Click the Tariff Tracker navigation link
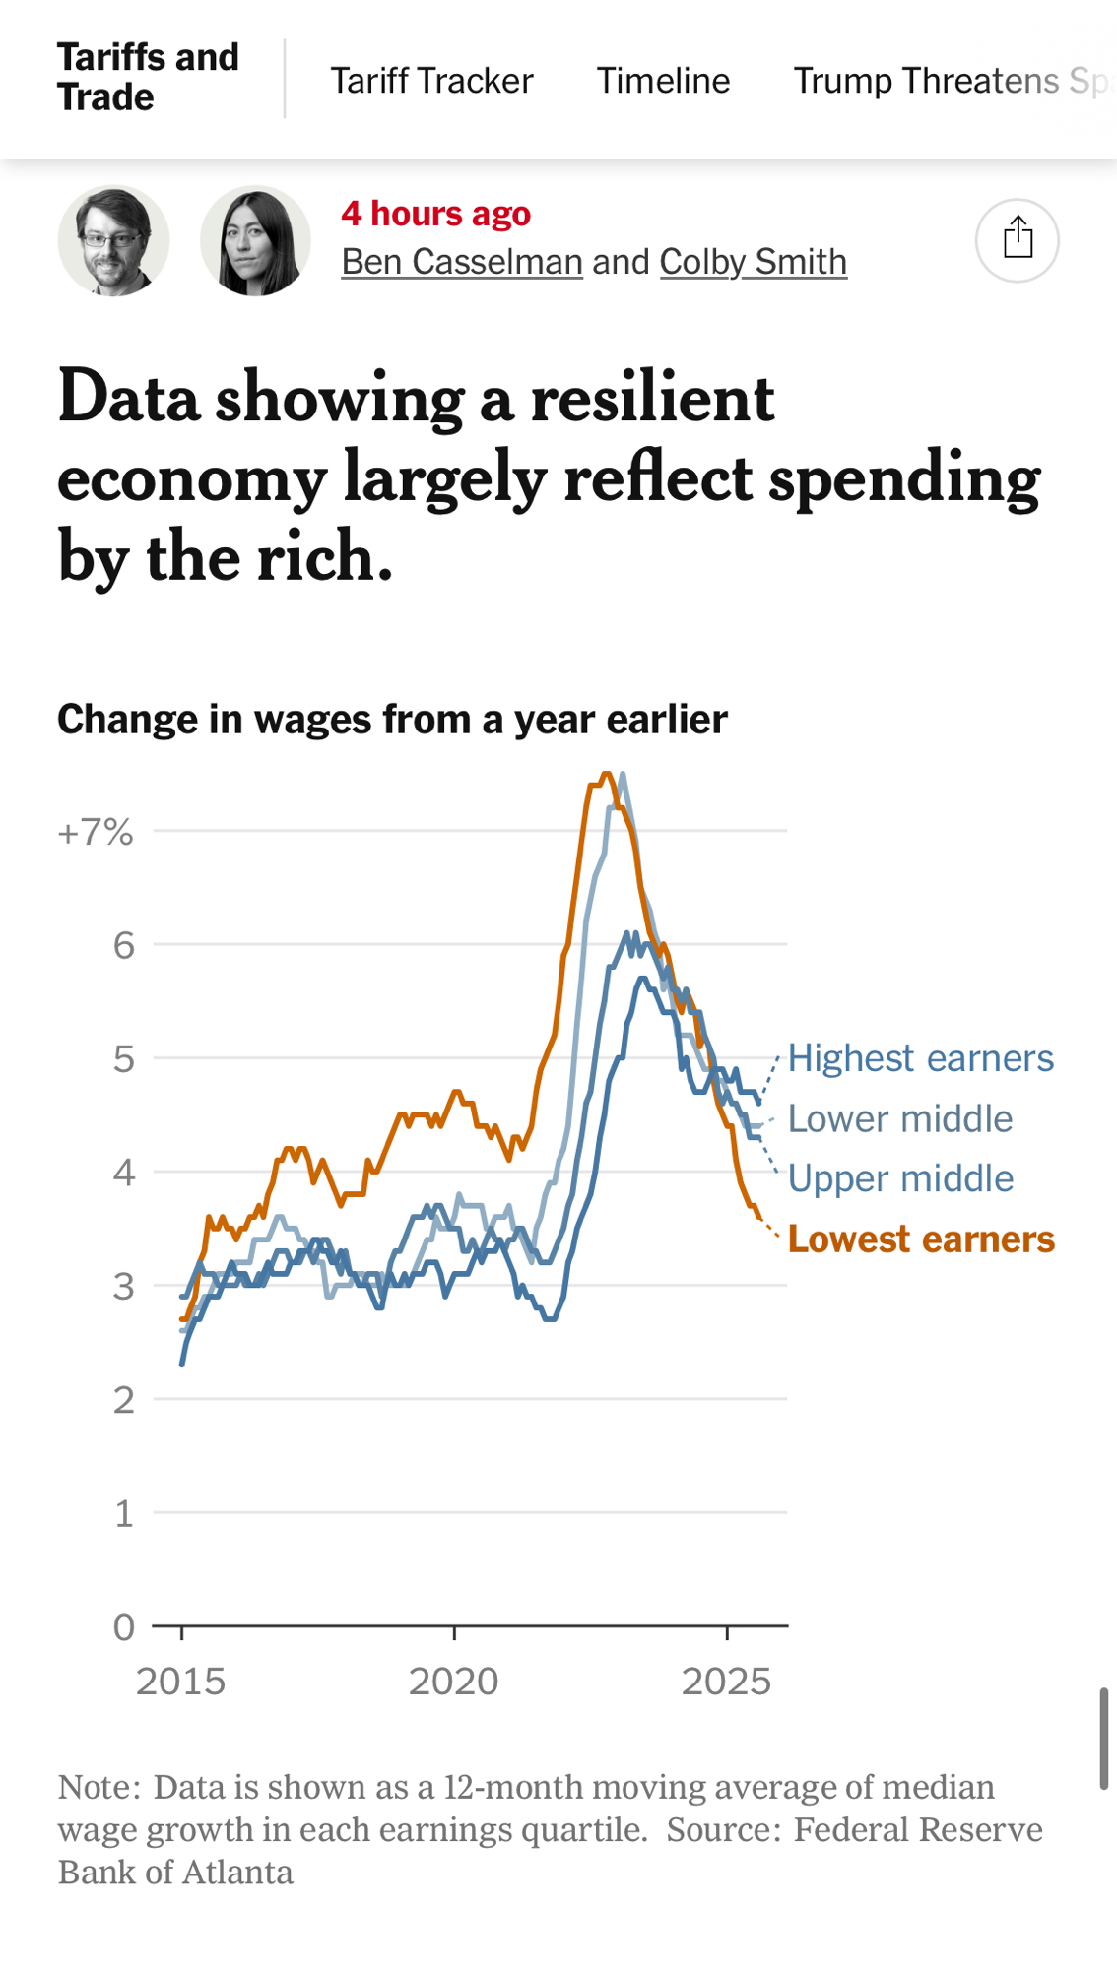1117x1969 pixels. tap(431, 81)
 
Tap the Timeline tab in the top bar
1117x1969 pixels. tap(663, 81)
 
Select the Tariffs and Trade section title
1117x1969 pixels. tap(148, 78)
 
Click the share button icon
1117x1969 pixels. tap(1018, 240)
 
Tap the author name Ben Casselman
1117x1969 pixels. tap(462, 262)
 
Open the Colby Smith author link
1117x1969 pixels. tap(753, 262)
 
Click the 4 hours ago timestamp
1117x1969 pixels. tap(435, 214)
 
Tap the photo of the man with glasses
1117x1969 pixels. tap(113, 240)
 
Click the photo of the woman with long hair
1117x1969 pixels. tap(255, 240)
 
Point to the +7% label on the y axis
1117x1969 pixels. tap(96, 833)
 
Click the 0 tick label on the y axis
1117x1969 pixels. tap(124, 1627)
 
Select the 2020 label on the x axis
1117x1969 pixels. tap(453, 1682)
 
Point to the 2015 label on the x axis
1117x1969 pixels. tap(181, 1682)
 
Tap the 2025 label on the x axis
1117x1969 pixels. tap(726, 1682)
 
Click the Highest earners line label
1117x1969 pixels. tap(920, 1058)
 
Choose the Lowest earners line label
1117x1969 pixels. tap(920, 1239)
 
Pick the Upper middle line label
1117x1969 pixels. tap(900, 1178)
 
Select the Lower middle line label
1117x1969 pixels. tap(900, 1119)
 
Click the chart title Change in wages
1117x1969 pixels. tap(392, 720)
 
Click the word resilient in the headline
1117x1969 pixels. tap(652, 399)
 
